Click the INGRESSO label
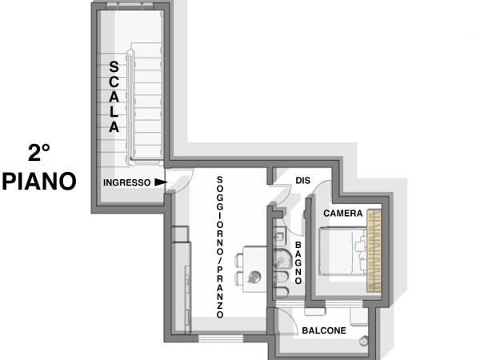click(x=126, y=182)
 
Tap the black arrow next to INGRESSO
click(x=161, y=182)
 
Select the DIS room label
click(x=302, y=181)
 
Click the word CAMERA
click(x=343, y=214)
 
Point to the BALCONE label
click(x=324, y=330)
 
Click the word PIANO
click(x=39, y=182)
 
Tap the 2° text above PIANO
click(x=39, y=153)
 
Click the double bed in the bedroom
click(x=343, y=251)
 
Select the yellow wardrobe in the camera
click(x=374, y=250)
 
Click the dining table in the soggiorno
click(x=254, y=270)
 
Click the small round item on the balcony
click(x=364, y=341)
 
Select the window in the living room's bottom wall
click(x=221, y=338)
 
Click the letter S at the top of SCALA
click(x=114, y=67)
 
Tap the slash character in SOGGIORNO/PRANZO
click(x=220, y=260)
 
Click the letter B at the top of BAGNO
click(x=298, y=245)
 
